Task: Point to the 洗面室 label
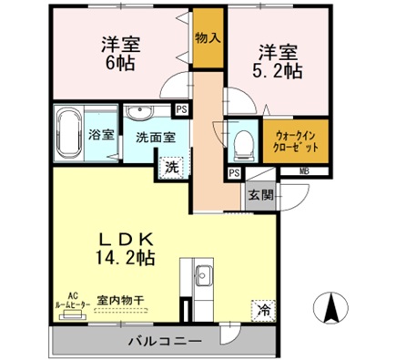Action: [154, 139]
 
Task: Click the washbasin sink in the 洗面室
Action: [140, 113]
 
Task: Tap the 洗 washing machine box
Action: [171, 167]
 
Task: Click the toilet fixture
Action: [240, 142]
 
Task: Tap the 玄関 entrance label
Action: [259, 193]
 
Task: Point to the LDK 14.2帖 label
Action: [125, 247]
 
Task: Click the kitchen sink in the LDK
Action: [202, 276]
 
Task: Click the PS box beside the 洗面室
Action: [182, 110]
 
